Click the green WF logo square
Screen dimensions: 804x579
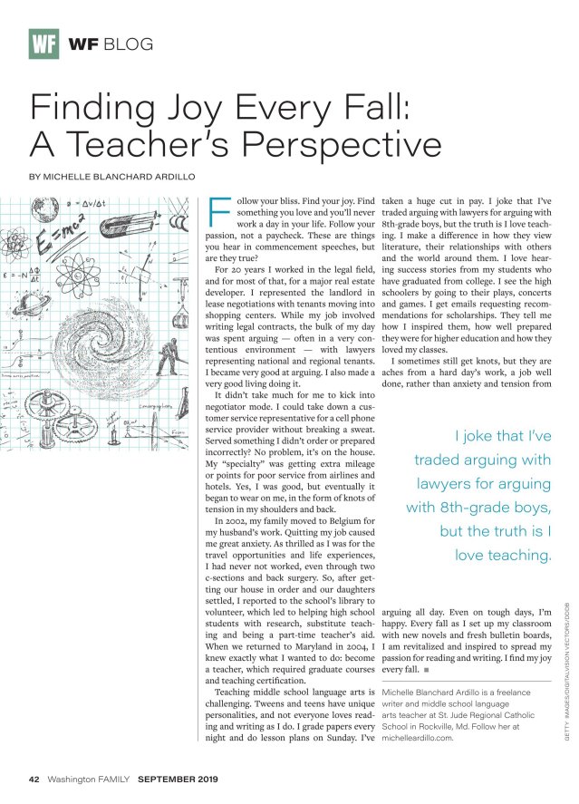click(x=43, y=43)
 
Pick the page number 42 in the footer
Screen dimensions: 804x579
click(x=34, y=779)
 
